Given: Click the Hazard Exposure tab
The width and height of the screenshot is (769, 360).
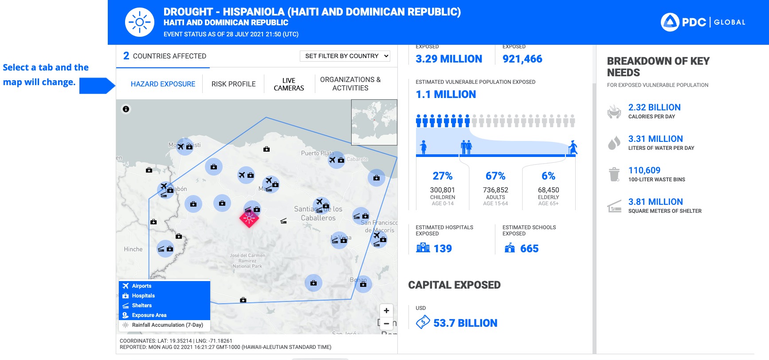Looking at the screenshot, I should tap(163, 84).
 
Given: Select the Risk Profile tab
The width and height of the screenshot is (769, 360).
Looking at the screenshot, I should tap(233, 84).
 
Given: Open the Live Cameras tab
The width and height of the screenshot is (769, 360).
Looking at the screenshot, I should tap(289, 84).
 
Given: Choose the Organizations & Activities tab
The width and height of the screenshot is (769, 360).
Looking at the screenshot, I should tap(350, 84).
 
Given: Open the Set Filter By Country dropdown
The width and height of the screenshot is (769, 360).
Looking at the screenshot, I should tap(345, 56).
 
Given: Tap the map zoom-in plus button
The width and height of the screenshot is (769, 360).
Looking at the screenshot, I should tap(386, 310).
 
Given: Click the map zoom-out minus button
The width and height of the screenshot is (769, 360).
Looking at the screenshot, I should tap(386, 324).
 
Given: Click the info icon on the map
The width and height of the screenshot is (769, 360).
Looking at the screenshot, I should tap(126, 109).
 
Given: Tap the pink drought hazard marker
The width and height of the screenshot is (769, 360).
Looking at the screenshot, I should tap(249, 218).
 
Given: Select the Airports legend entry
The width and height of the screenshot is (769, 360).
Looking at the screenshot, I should tap(141, 286).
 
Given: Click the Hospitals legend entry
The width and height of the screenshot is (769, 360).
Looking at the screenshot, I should tap(143, 296).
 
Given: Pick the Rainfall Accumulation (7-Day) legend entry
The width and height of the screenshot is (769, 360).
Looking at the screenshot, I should tap(167, 325).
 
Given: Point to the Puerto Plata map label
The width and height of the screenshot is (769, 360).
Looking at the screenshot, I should tap(317, 153).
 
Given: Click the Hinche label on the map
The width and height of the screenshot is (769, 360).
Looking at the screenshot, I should tap(133, 249).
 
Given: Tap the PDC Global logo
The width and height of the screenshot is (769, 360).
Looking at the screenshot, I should tap(703, 22).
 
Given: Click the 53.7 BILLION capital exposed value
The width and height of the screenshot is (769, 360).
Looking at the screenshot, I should tap(465, 323).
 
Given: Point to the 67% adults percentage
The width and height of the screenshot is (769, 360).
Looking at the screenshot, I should tap(495, 176).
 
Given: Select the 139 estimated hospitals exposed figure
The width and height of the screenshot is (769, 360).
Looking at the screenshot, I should tap(442, 249).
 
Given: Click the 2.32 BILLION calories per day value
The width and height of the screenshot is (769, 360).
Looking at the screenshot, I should tap(654, 107).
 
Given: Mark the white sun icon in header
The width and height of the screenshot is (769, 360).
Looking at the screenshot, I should tap(140, 22).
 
